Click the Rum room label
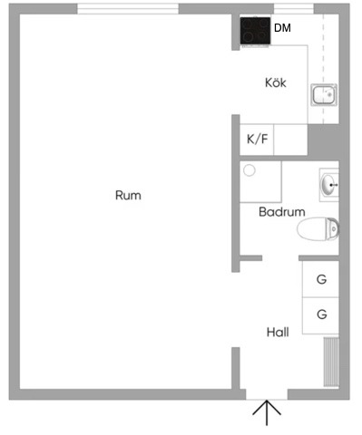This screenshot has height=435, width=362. pos(128,196)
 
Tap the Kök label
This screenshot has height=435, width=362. pos(276,82)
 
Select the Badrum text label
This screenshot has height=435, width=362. pos(282,212)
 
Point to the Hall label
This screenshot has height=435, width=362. pos(278,333)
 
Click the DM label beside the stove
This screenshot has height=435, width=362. pos(282,28)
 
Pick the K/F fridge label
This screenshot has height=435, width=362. pos(258,140)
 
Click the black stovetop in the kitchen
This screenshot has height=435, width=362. pos(256,31)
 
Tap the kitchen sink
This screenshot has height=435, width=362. pos(324,95)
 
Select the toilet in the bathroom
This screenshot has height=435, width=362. pos(318,229)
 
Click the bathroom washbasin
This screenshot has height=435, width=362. pos(329,185)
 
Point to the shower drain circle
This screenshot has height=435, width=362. pos(249,170)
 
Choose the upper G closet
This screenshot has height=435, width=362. pos(320,279)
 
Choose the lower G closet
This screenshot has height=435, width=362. pos(320,315)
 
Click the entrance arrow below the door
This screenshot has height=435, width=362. pos(267,413)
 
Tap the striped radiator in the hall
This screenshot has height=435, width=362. pos(331,362)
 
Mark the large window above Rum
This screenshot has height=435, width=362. pos(128,9)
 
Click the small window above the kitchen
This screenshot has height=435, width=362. pos(294,9)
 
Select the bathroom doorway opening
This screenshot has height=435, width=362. pos(280,258)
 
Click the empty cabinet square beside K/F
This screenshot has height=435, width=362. pos(290,140)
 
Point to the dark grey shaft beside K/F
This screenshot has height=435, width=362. pos(323,142)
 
